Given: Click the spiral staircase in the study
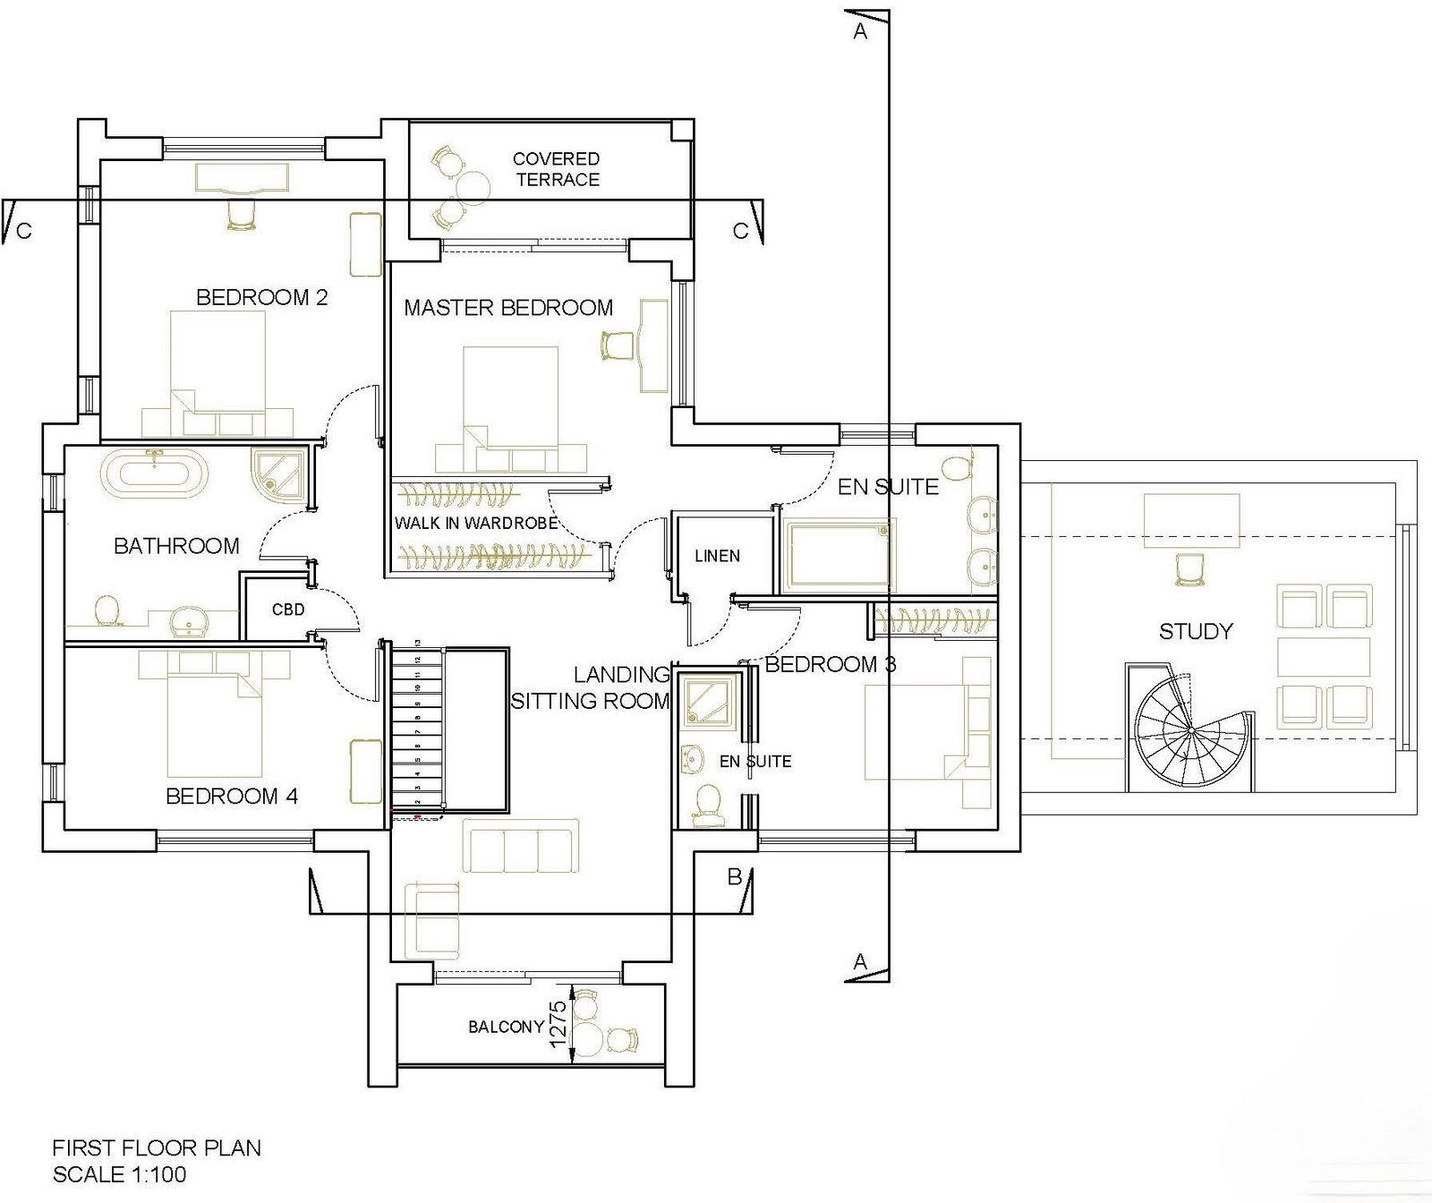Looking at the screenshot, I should [x=1190, y=730].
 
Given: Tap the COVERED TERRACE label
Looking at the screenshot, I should [x=556, y=169].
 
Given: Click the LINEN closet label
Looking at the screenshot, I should [x=717, y=556].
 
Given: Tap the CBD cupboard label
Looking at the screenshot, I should [x=288, y=610].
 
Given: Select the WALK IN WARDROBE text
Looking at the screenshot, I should [x=476, y=523].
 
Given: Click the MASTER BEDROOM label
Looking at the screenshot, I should [x=508, y=308].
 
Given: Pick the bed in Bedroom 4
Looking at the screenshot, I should [x=215, y=721].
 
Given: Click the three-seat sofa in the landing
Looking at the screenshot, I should [x=518, y=847].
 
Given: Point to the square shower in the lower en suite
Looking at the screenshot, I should [x=709, y=700].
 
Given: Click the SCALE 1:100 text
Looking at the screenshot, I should [x=119, y=1174].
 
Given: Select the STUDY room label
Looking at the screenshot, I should [x=1196, y=631].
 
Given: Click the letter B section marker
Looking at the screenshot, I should [x=734, y=877].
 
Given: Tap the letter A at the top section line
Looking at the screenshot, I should [x=860, y=32].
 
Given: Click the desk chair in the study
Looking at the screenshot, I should [x=1188, y=569].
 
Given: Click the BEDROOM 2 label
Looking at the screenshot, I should [x=261, y=297].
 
